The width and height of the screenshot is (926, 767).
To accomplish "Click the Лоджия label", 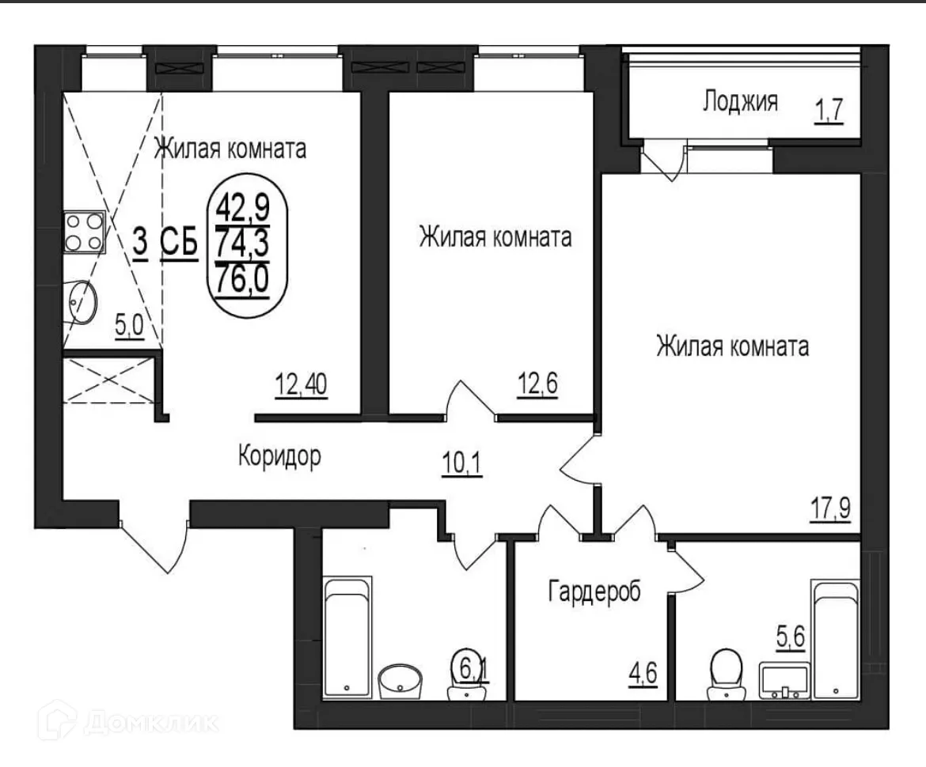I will click(x=739, y=101).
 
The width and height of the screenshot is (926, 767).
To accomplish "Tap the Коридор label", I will click(x=279, y=456).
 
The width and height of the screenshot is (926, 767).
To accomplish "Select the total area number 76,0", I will click(x=240, y=281).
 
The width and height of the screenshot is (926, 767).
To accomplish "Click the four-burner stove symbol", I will click(x=83, y=232).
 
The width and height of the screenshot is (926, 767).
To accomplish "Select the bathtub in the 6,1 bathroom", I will click(x=347, y=637).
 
